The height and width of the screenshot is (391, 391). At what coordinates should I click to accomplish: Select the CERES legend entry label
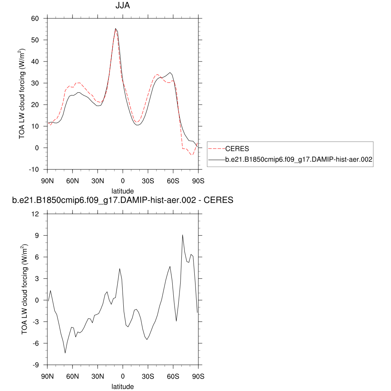pos(237,149)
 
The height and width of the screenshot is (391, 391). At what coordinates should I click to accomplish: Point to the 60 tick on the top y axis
pos(35,18)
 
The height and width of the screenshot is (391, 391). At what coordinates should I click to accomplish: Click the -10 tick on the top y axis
pos(34,169)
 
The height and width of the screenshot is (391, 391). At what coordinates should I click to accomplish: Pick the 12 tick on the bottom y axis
pos(36,214)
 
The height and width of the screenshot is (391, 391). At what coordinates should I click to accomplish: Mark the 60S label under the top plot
pos(173,181)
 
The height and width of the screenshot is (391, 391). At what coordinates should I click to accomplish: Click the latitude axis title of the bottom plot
pos(123,386)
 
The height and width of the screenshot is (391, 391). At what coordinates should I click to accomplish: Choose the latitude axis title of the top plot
pos(123,191)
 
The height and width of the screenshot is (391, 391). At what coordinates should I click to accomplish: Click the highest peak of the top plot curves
pos(115,29)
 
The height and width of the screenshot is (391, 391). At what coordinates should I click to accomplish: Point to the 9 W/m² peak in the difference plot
pos(183,235)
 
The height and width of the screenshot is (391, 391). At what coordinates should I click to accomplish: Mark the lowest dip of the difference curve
pos(65,353)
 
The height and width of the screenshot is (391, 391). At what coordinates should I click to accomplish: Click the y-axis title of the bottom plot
pos(24,289)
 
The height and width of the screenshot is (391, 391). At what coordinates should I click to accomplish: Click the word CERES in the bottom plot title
pos(219,200)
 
